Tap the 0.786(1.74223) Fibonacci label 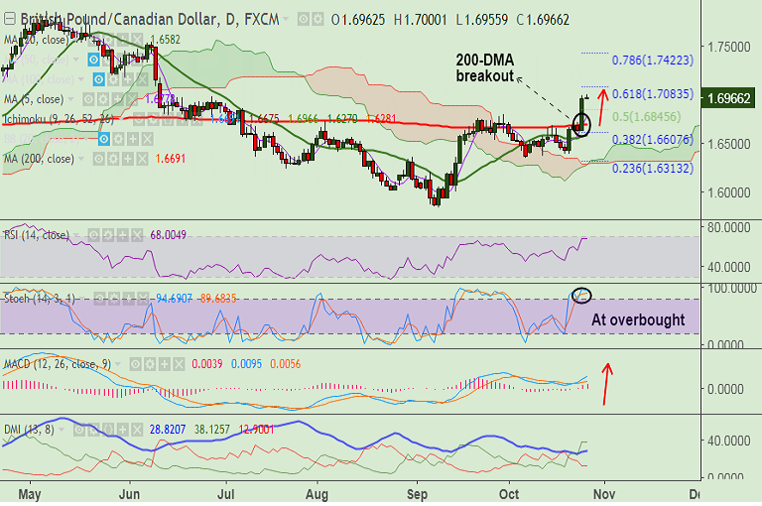tap(653, 61)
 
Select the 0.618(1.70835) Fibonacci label tap(653, 94)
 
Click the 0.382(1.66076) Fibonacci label tap(653, 140)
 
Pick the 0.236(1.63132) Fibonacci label tap(653, 168)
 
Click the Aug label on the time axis tap(317, 493)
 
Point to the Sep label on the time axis tap(418, 493)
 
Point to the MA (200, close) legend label tap(40, 159)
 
